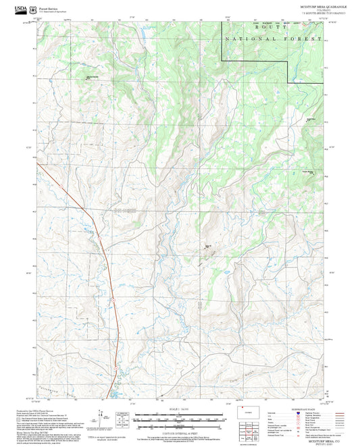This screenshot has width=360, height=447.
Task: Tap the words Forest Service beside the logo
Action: [49, 7]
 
